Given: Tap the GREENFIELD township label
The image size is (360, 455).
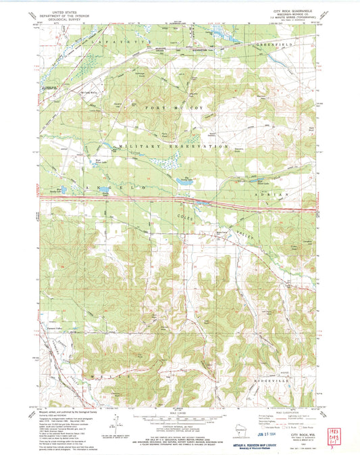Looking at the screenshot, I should click(277, 43).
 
